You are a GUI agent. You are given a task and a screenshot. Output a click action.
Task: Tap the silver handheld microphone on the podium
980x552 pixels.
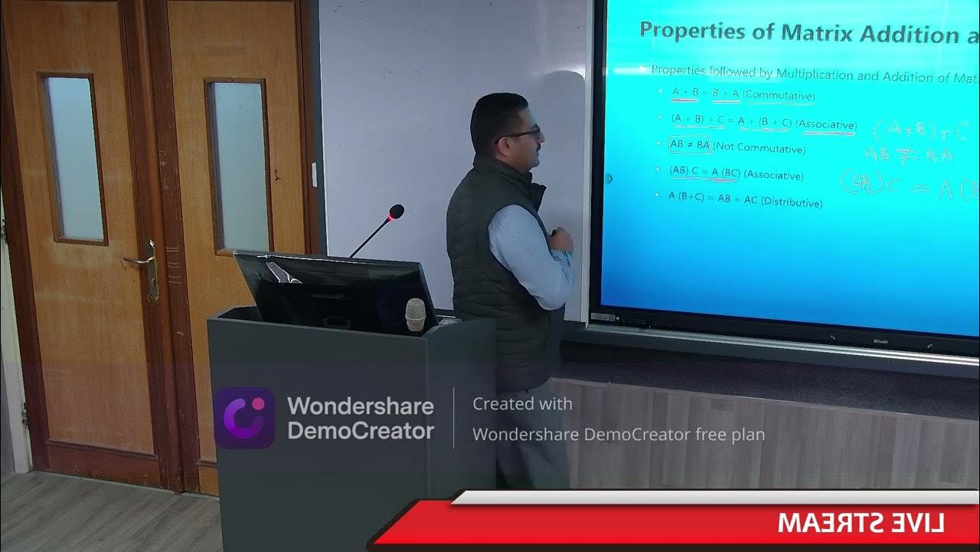(x=415, y=314)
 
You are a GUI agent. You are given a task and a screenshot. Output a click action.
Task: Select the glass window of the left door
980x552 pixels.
(x=73, y=159)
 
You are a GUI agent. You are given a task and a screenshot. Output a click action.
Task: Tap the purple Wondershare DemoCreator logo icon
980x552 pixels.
(x=243, y=418)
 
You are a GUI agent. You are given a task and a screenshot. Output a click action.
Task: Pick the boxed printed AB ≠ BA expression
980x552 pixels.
(x=691, y=145)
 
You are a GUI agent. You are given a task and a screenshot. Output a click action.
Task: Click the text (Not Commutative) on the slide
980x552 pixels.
(x=759, y=149)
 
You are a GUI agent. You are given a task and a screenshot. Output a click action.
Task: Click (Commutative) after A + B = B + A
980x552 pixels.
(x=779, y=96)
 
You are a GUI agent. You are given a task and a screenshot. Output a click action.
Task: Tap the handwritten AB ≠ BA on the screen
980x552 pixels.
(x=908, y=155)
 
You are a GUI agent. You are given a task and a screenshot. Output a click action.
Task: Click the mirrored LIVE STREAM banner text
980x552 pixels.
(x=861, y=523)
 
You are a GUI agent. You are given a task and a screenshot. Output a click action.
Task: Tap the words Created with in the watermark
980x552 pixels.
(x=522, y=403)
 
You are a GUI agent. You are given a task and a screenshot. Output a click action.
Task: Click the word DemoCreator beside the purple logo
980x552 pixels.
(x=360, y=431)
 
